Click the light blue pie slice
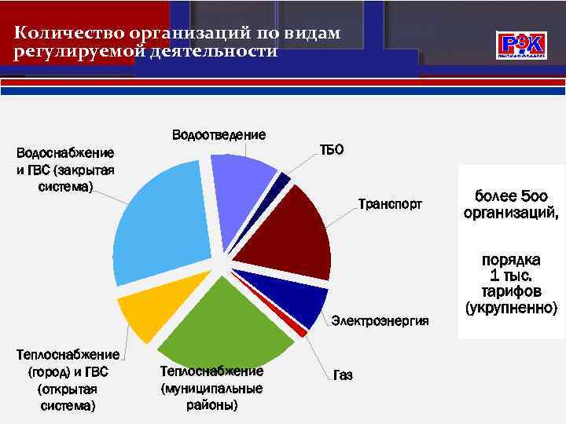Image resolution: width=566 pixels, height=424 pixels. click(x=161, y=224)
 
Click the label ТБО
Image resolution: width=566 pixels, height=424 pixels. click(x=331, y=150)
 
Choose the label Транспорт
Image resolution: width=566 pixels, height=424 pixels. click(x=390, y=204)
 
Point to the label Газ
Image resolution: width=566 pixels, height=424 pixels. click(x=343, y=376)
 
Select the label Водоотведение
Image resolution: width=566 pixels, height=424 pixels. click(x=219, y=135)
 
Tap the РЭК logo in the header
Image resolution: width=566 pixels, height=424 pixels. click(x=520, y=45)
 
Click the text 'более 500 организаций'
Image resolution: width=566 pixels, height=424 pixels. click(x=511, y=204)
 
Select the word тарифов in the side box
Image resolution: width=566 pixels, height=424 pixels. click(x=511, y=291)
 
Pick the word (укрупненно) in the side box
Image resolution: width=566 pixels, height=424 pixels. click(x=511, y=307)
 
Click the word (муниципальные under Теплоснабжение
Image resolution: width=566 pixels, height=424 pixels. click(x=211, y=389)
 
